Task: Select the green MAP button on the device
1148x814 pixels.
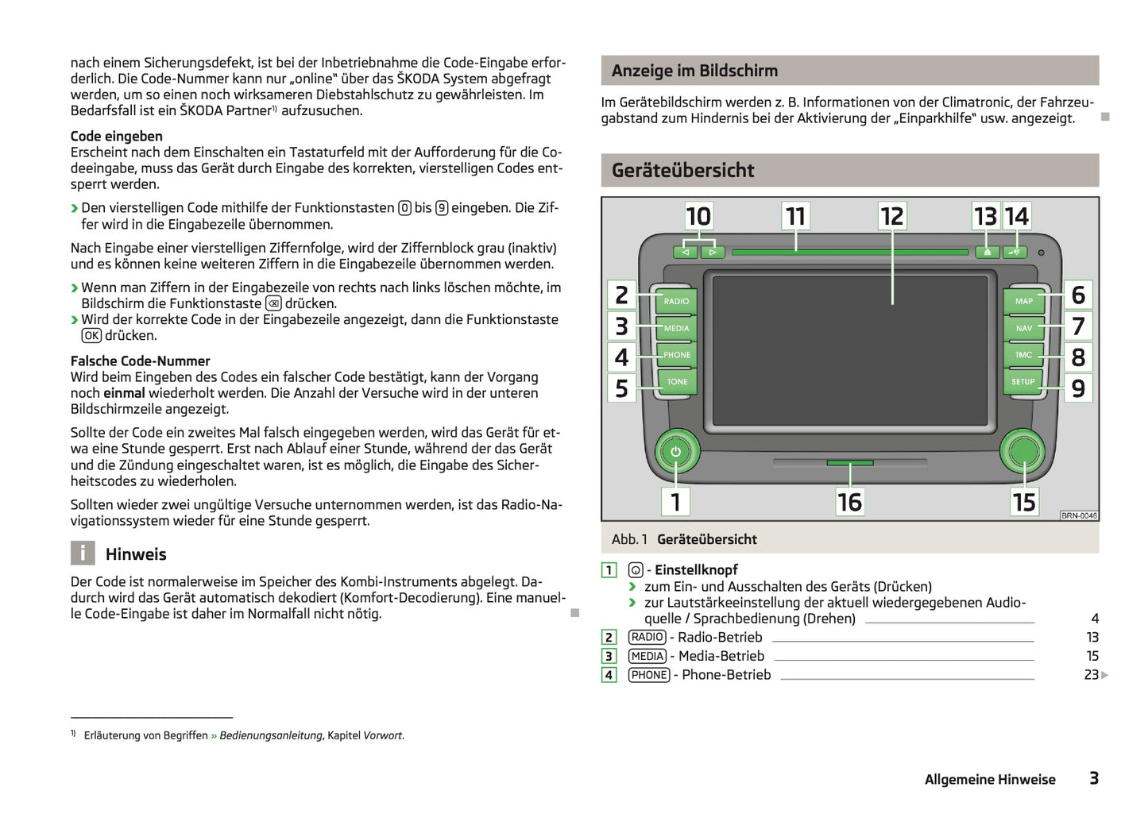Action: point(1023,301)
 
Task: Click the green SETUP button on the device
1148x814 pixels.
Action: point(1022,382)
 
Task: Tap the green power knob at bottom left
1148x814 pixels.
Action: point(675,452)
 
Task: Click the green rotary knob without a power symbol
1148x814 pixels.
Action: point(1023,451)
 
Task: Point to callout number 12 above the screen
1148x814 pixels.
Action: point(892,216)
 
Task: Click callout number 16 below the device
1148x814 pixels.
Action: point(849,502)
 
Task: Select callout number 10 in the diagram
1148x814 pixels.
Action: point(698,216)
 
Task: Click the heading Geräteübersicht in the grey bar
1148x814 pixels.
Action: point(682,170)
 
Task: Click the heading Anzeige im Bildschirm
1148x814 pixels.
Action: point(694,71)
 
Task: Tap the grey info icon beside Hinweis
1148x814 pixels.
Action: point(83,554)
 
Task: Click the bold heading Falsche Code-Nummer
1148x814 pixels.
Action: point(140,361)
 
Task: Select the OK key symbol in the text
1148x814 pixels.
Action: point(91,336)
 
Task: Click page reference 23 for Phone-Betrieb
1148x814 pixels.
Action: point(1091,675)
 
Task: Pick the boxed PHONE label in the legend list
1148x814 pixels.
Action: point(649,675)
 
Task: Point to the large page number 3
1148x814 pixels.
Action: point(1093,778)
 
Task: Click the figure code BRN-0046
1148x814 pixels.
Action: point(1079,515)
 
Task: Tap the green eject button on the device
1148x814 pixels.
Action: point(986,252)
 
